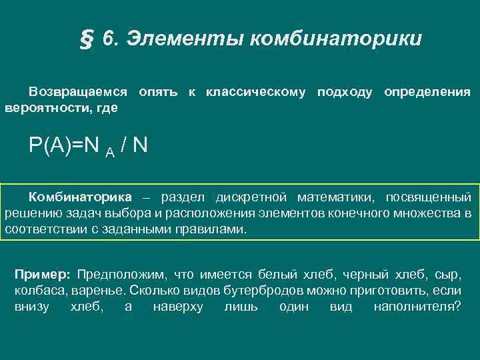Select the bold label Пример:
coord(42,275)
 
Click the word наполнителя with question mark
coord(417,307)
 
